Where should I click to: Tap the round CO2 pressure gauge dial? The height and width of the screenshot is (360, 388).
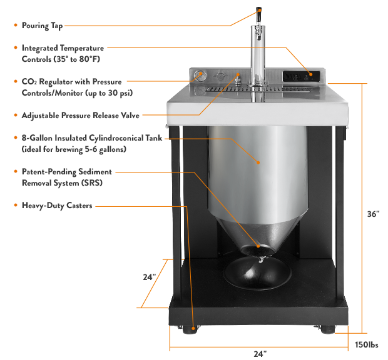pos(200,77)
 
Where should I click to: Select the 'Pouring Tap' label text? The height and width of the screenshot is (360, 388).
pos(42,26)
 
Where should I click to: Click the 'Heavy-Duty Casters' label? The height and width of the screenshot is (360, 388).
pos(57,205)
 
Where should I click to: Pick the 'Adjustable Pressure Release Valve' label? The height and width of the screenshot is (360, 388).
pos(80,116)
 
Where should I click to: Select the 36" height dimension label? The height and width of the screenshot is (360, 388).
pos(374,214)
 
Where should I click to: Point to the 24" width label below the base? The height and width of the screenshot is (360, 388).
pos(258,353)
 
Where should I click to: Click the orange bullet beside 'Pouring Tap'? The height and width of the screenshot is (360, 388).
pos(15,26)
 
